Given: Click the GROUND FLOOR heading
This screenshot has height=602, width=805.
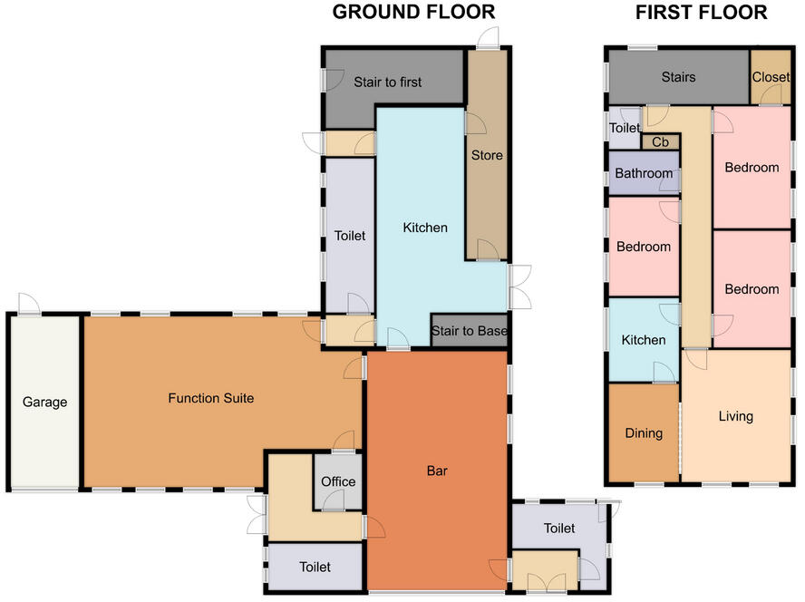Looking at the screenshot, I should (413, 13).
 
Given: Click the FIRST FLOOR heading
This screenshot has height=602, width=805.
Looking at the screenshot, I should (702, 13).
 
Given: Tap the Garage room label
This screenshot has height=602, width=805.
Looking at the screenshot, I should (45, 403).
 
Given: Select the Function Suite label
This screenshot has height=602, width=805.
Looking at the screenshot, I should (211, 398).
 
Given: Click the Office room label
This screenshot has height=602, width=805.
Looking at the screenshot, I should (338, 481).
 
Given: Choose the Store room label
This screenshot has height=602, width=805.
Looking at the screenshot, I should (487, 155).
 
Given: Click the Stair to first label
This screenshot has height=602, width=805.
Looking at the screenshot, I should (388, 83).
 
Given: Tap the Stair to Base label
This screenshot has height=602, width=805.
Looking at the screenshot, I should (469, 331).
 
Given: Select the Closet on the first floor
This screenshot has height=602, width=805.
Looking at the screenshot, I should (771, 77).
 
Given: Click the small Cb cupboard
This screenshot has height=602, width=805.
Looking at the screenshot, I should (660, 142).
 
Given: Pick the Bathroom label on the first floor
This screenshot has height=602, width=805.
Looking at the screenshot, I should (644, 173).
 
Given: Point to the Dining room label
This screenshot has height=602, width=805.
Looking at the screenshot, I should (644, 433).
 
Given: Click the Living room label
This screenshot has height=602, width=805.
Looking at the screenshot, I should (735, 417).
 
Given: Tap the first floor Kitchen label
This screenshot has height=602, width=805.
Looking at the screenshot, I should (644, 340).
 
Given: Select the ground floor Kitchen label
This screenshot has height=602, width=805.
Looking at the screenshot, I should (425, 228).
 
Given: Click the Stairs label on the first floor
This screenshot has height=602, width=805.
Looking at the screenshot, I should (678, 77).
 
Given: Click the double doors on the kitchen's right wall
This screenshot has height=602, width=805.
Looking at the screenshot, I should (519, 287).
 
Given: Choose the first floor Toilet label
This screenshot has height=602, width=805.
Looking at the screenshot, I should (624, 129).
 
